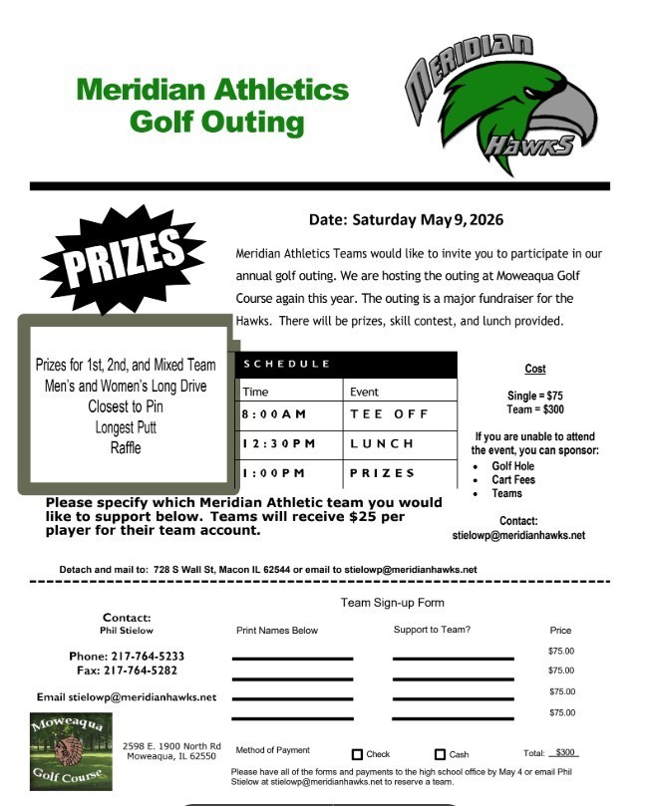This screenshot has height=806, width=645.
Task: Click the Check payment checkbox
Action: tap(358, 754)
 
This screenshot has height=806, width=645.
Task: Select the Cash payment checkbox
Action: tap(440, 754)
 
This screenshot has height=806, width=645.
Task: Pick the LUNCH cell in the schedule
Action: tap(381, 442)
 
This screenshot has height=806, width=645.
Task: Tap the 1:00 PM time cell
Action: tap(272, 472)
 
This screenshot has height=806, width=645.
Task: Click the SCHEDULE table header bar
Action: tap(347, 364)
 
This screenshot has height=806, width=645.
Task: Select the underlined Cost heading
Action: tap(534, 369)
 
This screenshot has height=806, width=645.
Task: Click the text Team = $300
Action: tap(534, 408)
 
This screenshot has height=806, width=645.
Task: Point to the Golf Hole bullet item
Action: tap(512, 466)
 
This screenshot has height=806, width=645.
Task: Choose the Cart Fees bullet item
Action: tap(512, 480)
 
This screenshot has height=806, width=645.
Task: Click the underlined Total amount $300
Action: tap(565, 753)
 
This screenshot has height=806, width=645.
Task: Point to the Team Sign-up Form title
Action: tap(392, 603)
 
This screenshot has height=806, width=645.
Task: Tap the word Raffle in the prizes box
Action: tap(126, 447)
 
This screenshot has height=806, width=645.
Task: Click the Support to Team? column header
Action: tap(432, 630)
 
